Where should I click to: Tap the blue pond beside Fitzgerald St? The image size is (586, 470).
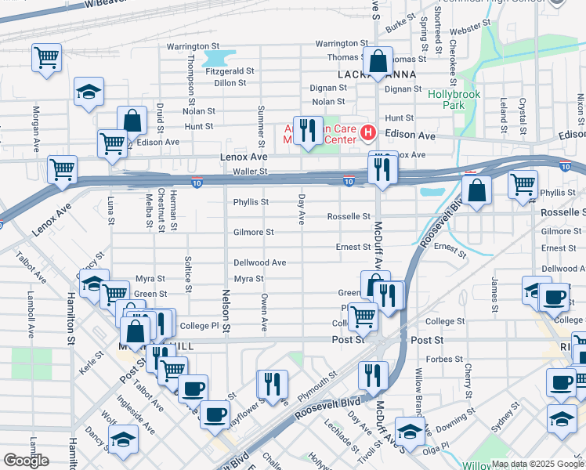coord(219,57)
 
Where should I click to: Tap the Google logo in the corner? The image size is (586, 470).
coord(26,460)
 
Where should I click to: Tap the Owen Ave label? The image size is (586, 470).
coord(265,310)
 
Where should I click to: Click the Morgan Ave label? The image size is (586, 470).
coord(36,129)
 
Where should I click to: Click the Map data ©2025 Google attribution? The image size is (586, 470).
coord(537,463)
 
